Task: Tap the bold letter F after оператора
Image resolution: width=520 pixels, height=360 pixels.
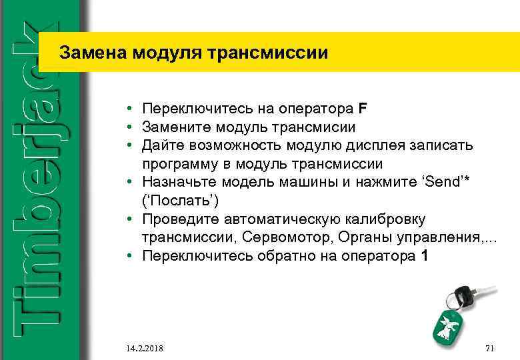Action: tap(363, 108)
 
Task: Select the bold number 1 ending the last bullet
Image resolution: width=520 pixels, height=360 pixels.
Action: tap(425, 257)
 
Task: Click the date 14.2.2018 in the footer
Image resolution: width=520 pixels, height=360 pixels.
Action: tap(145, 349)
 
